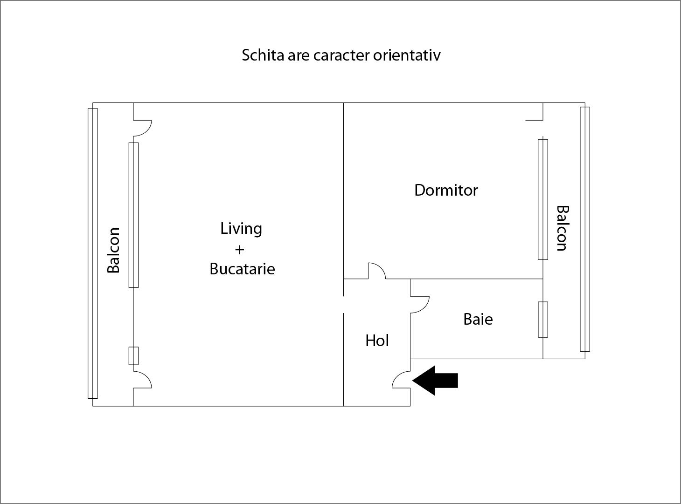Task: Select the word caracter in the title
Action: click(341, 55)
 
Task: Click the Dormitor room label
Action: click(446, 190)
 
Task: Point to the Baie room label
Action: click(478, 319)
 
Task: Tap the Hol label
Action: click(377, 341)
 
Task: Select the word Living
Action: click(241, 229)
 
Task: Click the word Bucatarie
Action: click(242, 269)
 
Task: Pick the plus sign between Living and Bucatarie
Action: click(239, 250)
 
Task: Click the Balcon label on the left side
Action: click(113, 250)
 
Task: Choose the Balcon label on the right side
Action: click(562, 228)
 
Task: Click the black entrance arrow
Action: click(436, 380)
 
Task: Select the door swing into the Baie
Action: click(419, 304)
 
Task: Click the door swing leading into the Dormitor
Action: click(377, 271)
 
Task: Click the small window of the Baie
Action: click(542, 319)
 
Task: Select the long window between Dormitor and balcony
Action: click(542, 199)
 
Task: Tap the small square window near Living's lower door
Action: click(133, 355)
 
